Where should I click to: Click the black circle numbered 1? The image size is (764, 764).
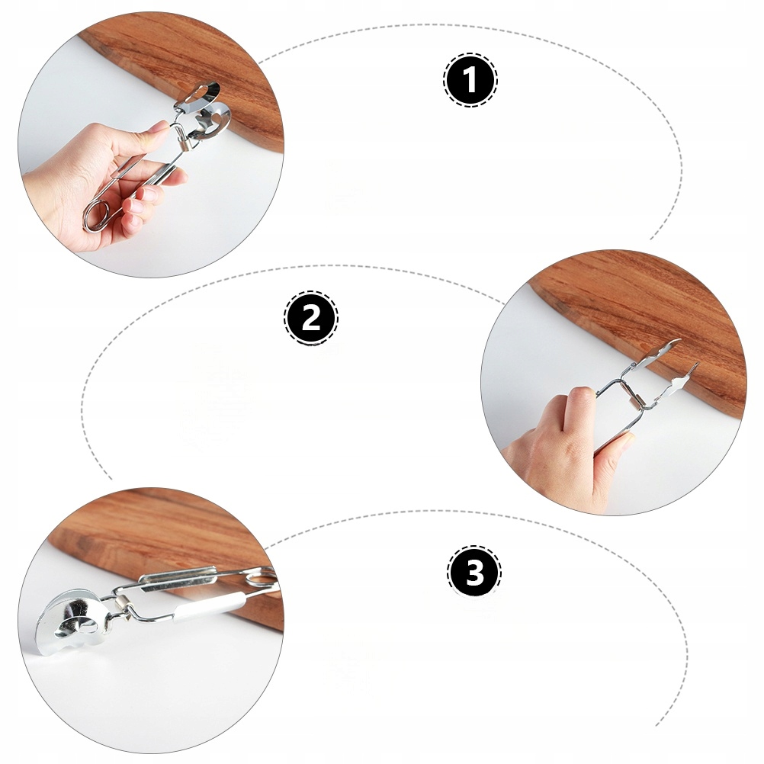(470, 79)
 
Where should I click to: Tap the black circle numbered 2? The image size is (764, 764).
(311, 319)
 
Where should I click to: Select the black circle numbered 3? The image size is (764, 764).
(474, 572)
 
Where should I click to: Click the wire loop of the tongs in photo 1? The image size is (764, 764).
(98, 215)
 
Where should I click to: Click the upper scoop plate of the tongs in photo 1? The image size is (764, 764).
(197, 97)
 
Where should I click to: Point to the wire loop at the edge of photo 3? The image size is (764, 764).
(261, 579)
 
